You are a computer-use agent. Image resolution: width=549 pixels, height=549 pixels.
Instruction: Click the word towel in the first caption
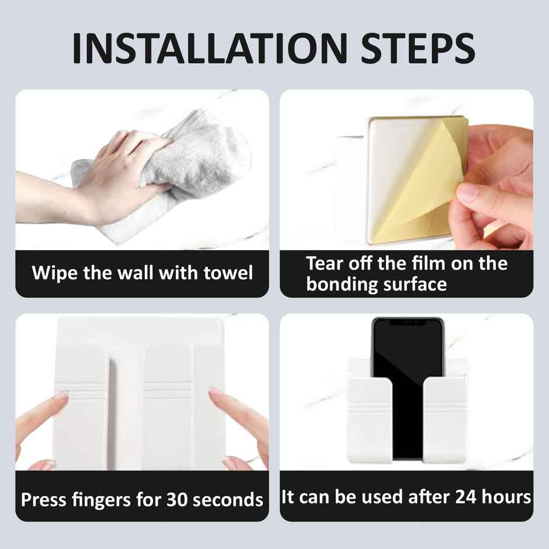(228, 273)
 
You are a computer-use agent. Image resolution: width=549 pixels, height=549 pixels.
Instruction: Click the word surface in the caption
(418, 285)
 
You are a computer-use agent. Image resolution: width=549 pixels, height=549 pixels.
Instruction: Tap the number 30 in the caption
(178, 499)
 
